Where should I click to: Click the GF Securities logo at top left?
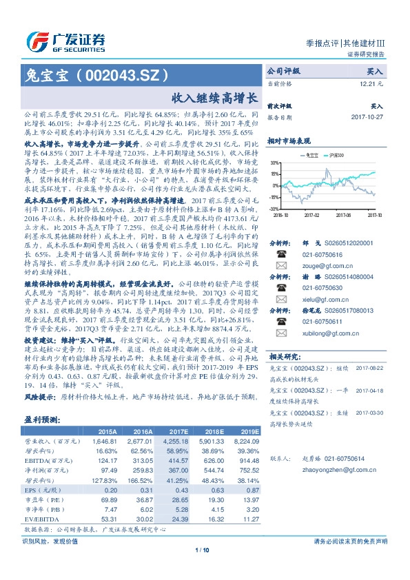65,40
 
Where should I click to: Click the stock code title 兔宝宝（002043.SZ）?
96,74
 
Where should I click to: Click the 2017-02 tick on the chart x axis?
313,214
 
